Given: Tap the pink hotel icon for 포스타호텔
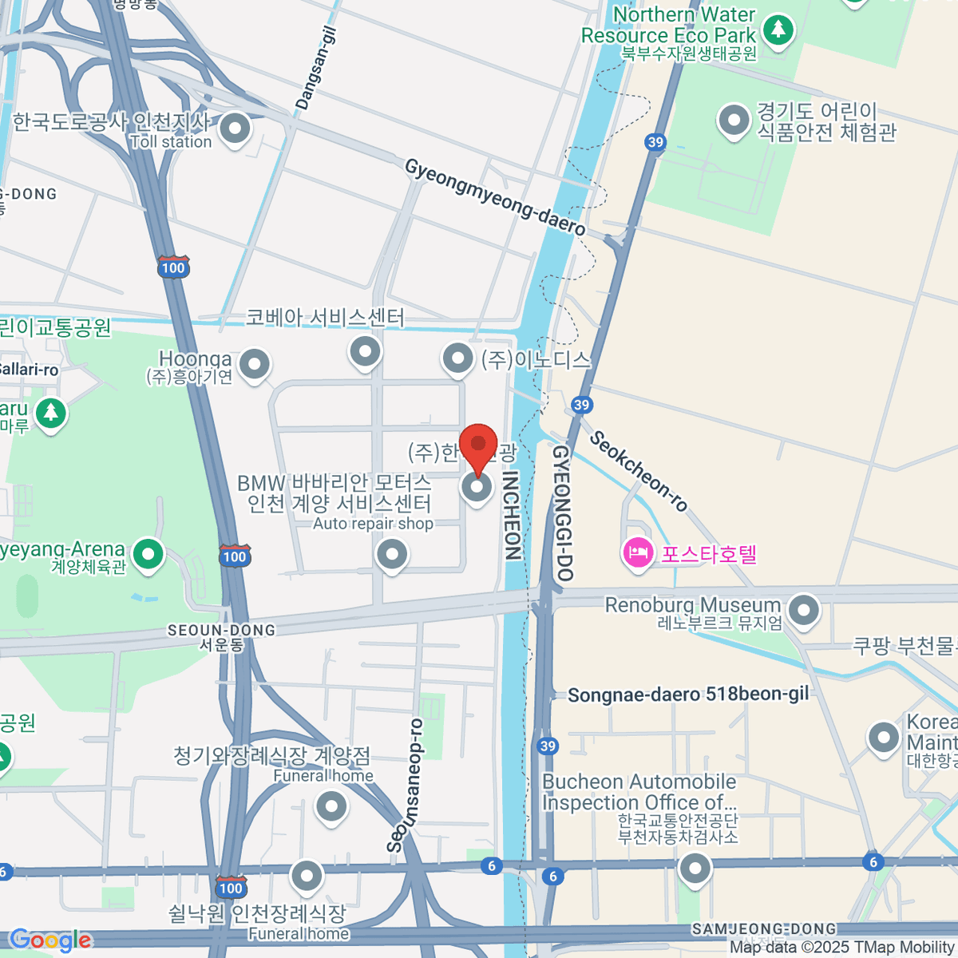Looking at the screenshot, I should (638, 553).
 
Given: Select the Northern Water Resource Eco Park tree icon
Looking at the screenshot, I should (778, 30).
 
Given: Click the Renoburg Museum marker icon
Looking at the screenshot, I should (803, 611).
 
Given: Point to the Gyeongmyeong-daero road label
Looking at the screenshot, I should (495, 196).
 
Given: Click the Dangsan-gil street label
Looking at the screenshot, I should (316, 68).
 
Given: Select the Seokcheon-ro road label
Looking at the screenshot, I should (639, 471).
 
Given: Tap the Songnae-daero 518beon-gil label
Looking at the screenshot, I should (688, 695).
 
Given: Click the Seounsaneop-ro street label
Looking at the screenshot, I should (406, 786).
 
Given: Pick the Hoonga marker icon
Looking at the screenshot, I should (254, 365).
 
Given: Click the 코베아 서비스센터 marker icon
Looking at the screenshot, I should (365, 350).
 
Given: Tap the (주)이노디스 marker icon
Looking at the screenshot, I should (457, 358).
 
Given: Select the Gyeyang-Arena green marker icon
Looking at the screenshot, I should (148, 554).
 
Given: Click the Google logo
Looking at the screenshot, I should (51, 940).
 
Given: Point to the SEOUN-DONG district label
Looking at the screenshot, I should (221, 631).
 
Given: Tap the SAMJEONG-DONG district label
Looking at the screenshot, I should (764, 929).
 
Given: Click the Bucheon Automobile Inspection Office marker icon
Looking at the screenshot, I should (695, 868).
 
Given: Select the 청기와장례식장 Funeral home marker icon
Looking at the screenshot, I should (331, 806).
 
